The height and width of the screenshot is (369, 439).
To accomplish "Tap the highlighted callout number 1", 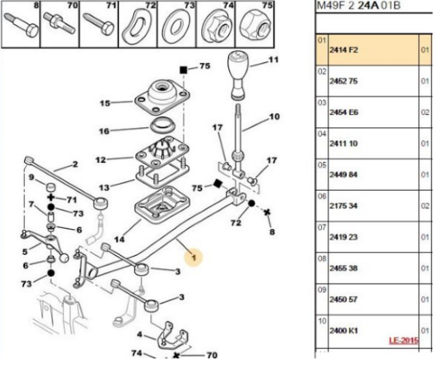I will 194,257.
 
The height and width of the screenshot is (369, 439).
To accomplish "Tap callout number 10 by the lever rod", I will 274,117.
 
